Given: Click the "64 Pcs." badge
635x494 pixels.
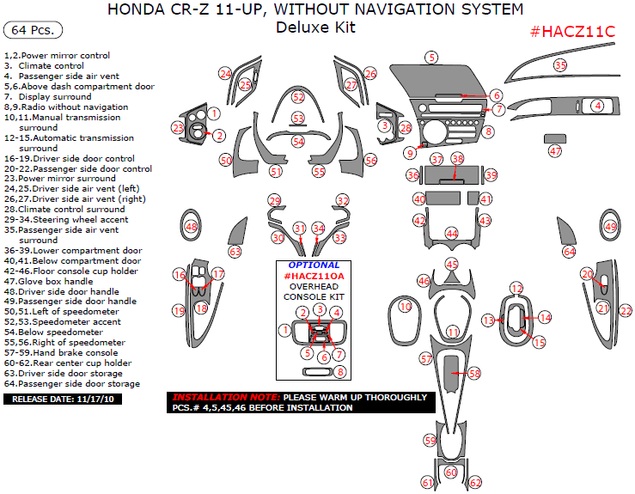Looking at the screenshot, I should click(34, 30).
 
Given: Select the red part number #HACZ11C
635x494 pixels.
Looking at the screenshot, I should click(572, 31).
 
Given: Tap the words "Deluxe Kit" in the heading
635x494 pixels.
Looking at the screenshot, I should click(315, 27).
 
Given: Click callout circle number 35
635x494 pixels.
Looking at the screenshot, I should click(560, 65).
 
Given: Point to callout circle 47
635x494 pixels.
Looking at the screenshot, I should click(555, 151).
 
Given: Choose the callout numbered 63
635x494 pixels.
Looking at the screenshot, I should click(235, 252).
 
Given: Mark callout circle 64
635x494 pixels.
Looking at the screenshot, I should click(569, 252).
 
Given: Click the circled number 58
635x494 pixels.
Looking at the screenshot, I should click(474, 374).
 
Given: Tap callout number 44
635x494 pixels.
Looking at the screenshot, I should click(452, 234).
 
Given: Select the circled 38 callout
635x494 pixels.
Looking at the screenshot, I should click(457, 160).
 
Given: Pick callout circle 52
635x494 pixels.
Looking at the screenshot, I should click(298, 97).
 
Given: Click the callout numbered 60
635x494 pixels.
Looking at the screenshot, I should click(452, 473).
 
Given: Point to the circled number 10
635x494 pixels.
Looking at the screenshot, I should click(405, 306).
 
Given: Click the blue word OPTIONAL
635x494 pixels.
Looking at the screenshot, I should click(314, 265).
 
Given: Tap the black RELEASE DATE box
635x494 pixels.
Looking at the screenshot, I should click(58, 399).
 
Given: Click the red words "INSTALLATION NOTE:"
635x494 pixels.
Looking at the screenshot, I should click(225, 398).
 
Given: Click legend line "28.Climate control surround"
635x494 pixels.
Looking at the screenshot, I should click(64, 209).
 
